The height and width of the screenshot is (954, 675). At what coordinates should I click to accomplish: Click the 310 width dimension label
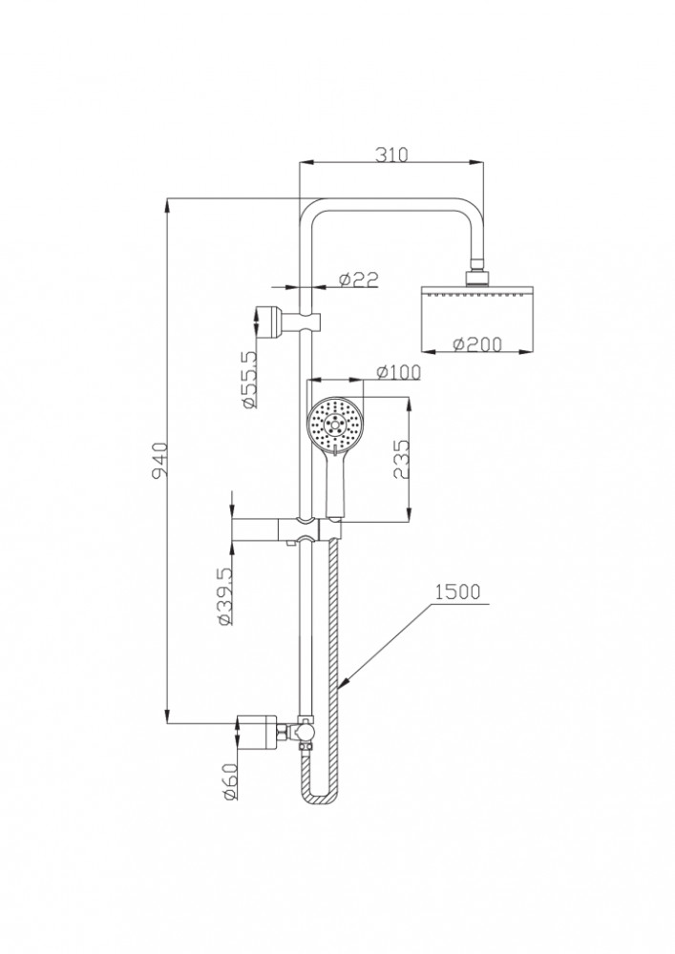(x=390, y=155)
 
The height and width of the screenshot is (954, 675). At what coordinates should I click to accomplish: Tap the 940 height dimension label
(x=159, y=460)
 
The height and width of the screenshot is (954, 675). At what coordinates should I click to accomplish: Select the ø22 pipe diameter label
(x=358, y=279)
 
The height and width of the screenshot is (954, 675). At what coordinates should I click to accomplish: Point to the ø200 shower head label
(x=476, y=344)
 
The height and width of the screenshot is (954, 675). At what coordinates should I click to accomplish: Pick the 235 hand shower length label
(x=400, y=460)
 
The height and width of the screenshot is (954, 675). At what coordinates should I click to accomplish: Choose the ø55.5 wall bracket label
(x=248, y=379)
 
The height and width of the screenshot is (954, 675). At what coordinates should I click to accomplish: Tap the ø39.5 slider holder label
(x=223, y=596)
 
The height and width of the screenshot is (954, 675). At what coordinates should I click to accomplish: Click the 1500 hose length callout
(x=457, y=591)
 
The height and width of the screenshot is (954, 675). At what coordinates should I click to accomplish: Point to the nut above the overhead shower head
(x=477, y=277)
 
